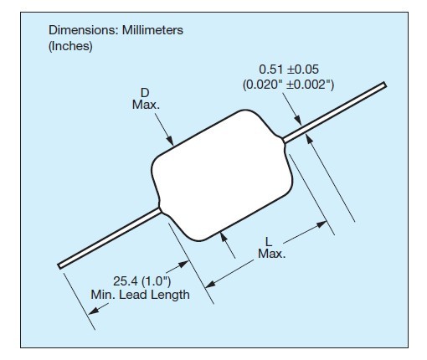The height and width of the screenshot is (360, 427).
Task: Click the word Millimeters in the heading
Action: point(152,30)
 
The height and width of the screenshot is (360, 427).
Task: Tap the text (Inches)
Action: point(70,46)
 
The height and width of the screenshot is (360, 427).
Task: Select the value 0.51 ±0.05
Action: point(289,69)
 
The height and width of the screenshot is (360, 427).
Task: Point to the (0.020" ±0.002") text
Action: point(288,85)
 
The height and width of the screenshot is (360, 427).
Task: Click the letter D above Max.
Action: point(145,93)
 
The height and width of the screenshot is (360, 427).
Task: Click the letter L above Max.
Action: point(268,242)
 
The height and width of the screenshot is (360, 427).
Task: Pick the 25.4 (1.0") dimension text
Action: point(141,280)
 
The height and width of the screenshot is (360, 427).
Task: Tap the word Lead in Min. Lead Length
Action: point(131,295)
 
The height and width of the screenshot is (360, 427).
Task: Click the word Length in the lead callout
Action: point(167,296)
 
